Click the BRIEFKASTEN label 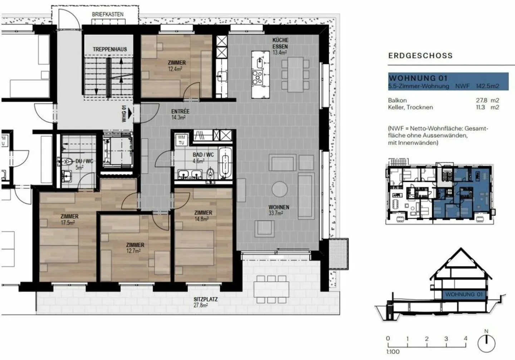tap(108, 14)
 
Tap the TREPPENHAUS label tap(110, 49)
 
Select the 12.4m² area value tap(175, 69)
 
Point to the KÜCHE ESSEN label tap(280, 43)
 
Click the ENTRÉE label tap(181, 111)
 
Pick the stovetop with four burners tap(257, 77)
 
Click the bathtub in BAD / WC tap(225, 163)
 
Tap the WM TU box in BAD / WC tap(181, 140)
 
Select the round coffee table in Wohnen tap(280, 189)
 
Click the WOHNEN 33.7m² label tap(279, 210)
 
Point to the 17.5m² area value tap(68, 223)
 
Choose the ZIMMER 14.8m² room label tap(203, 216)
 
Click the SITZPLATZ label tap(206, 299)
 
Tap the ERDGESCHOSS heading tap(421, 56)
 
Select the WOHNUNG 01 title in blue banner tap(418, 78)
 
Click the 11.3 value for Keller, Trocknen tap(480, 107)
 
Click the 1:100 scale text tap(393, 352)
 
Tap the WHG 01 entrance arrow tap(130, 113)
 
